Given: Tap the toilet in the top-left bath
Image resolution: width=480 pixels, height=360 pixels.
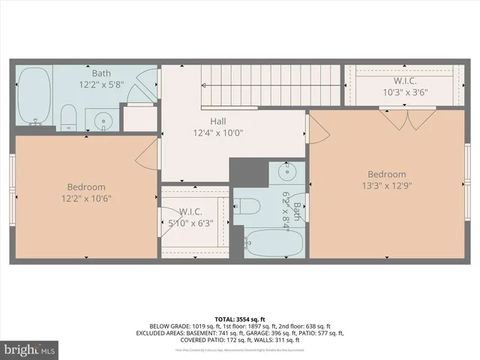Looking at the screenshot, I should (69, 115).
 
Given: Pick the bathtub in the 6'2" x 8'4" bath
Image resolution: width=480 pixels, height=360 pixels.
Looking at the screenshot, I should (274, 242).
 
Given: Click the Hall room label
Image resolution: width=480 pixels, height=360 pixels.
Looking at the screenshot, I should (218, 121).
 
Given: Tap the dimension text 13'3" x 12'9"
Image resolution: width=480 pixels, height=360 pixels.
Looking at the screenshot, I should (386, 186).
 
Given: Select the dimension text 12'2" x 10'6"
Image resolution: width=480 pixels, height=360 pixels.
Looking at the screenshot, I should (86, 198).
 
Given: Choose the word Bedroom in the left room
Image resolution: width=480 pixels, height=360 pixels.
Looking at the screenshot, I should (86, 187).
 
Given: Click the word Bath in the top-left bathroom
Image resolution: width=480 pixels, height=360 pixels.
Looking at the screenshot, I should (101, 73).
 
